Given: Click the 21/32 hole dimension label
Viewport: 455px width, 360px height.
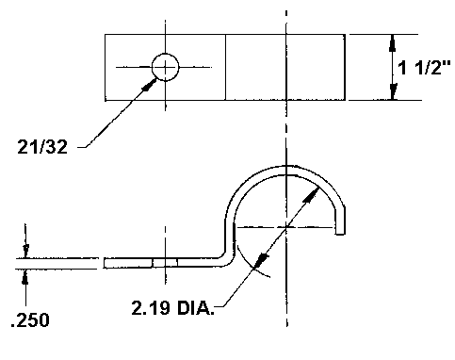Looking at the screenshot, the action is (x=42, y=147).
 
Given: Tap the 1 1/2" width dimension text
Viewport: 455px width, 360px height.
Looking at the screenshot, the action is (x=424, y=67).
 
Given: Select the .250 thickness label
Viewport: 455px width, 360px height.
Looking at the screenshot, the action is (x=30, y=320).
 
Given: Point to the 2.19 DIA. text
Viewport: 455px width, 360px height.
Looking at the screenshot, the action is (x=172, y=308).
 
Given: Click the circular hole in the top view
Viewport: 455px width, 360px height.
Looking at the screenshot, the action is (x=165, y=67).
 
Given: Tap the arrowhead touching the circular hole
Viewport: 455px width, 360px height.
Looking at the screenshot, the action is (x=149, y=85).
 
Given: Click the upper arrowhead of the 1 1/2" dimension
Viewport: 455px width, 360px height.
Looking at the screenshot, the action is (x=392, y=43).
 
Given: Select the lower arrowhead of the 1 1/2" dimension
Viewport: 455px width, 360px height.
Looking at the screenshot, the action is (x=393, y=91).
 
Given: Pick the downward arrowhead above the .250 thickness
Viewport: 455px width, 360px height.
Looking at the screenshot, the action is (x=25, y=251).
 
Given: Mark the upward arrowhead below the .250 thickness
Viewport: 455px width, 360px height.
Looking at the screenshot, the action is (x=25, y=277).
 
